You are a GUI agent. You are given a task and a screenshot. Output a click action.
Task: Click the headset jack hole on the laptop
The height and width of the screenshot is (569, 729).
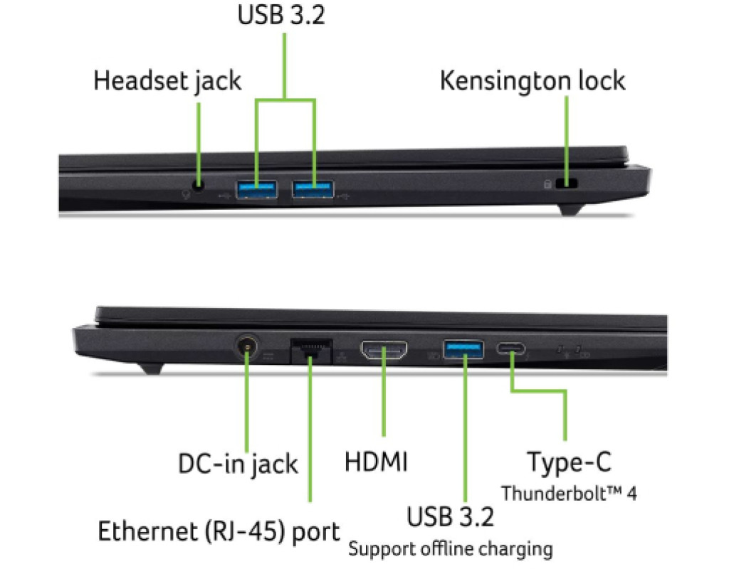pyautogui.click(x=199, y=186)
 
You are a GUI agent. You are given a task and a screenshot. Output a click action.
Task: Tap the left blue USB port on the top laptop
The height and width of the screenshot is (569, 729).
pyautogui.click(x=256, y=189)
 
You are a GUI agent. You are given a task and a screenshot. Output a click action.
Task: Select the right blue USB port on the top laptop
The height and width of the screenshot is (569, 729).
pyautogui.click(x=313, y=189)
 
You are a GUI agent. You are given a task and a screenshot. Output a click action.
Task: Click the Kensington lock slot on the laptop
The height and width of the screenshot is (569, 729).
pyautogui.click(x=566, y=184)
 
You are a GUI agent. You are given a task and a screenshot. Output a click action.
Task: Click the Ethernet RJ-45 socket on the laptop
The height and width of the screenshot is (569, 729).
pyautogui.click(x=311, y=351)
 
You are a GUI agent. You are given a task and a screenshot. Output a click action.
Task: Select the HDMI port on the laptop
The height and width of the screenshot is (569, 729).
pyautogui.click(x=384, y=350)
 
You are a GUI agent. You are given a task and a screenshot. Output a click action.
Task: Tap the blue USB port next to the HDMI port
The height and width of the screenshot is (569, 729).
pyautogui.click(x=463, y=350)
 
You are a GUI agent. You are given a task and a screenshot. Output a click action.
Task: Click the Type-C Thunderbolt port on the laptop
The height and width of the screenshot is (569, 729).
pyautogui.click(x=511, y=348)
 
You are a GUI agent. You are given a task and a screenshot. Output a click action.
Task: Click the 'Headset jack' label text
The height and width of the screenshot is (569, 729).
pyautogui.click(x=167, y=81)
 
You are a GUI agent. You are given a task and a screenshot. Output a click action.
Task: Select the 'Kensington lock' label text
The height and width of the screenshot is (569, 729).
pyautogui.click(x=533, y=80)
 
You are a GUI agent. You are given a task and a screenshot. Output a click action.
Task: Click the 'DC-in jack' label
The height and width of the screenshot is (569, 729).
pyautogui.click(x=238, y=464)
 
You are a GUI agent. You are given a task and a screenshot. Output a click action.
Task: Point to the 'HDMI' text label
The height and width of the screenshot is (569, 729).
pyautogui.click(x=376, y=462)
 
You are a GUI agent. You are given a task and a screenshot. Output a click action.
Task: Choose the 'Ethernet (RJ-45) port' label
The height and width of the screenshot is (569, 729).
pyautogui.click(x=219, y=531)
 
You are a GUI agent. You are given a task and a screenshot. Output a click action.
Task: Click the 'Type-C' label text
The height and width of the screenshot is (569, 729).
pyautogui.click(x=569, y=462)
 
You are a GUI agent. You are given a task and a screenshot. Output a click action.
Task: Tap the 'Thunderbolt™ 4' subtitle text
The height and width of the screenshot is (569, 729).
pyautogui.click(x=569, y=494)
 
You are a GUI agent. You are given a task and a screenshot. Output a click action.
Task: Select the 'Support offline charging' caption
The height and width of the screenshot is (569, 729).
pyautogui.click(x=451, y=548)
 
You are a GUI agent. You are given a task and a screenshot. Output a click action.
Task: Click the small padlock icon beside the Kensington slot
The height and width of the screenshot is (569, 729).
pyautogui.click(x=547, y=184)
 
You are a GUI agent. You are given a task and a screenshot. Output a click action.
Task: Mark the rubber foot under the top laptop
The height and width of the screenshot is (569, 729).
pyautogui.click(x=570, y=210)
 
